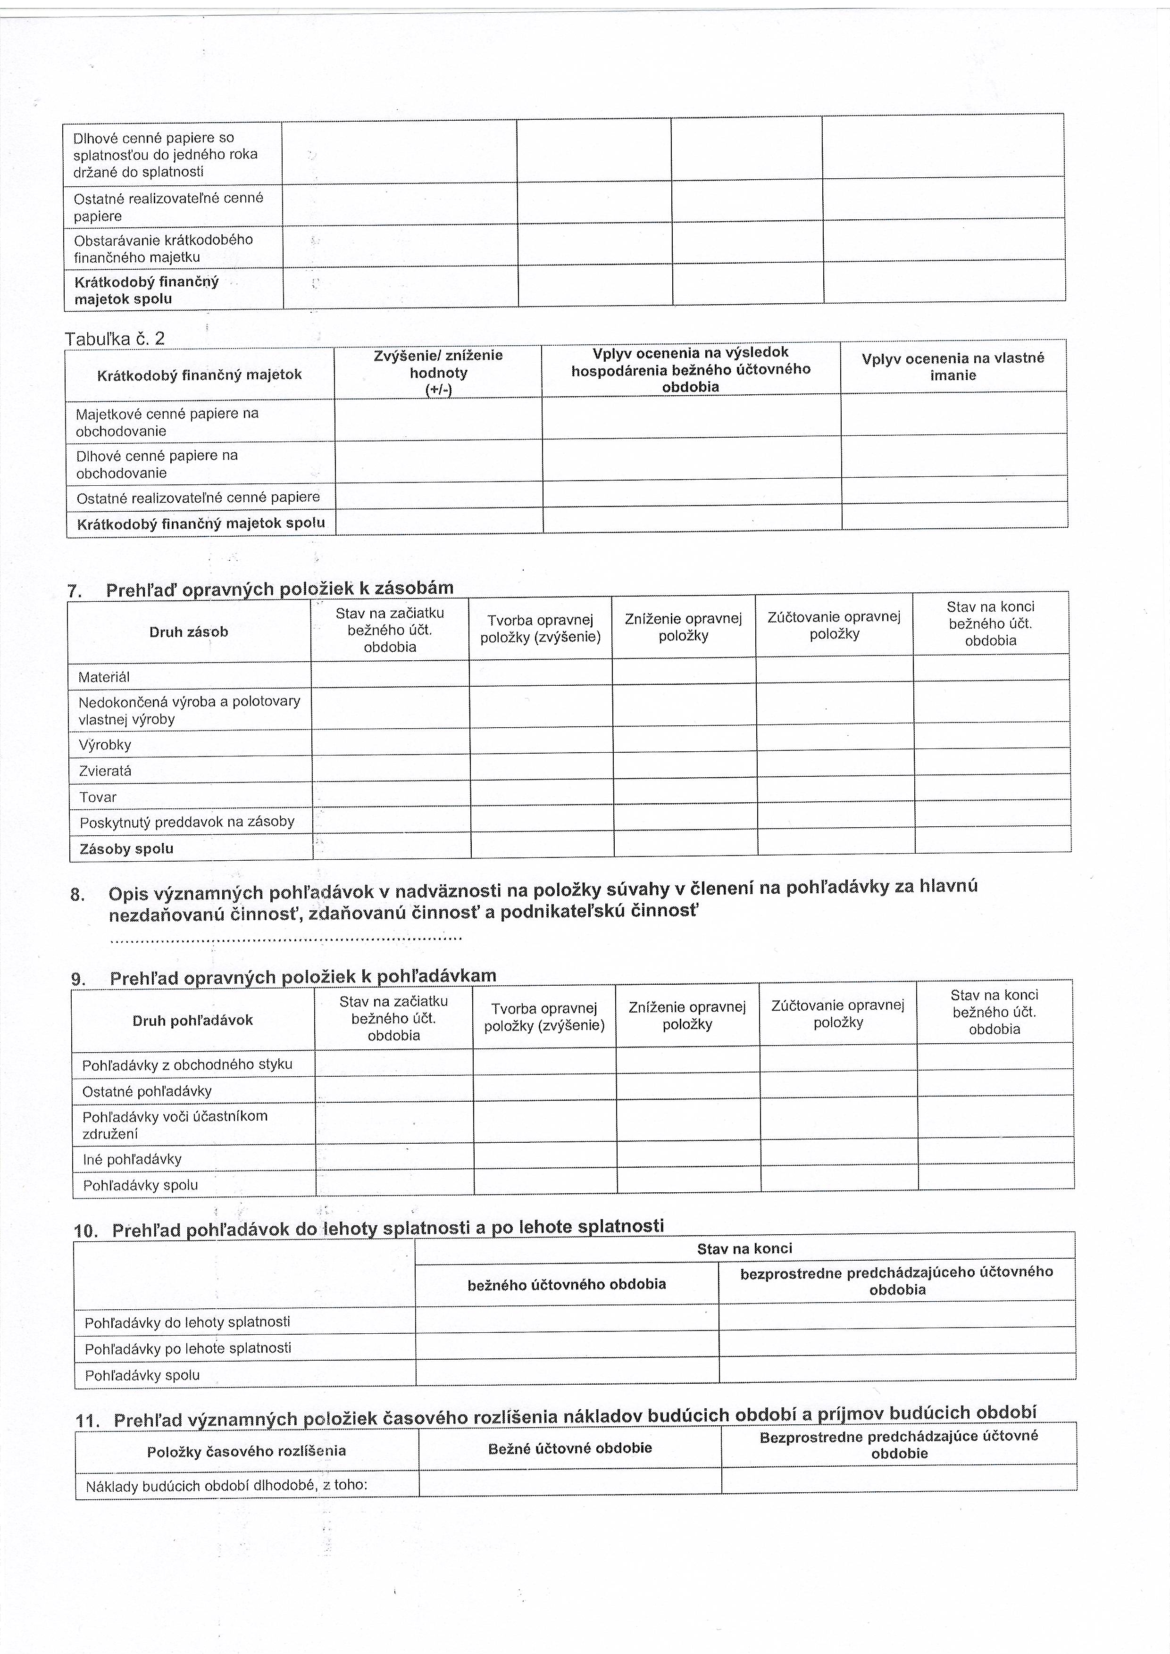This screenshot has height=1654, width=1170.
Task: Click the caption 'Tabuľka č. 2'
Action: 115,339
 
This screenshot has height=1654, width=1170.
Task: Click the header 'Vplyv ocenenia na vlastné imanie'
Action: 953,366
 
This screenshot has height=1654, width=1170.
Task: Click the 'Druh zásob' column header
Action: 189,632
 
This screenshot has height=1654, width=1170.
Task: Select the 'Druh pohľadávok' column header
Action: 192,1020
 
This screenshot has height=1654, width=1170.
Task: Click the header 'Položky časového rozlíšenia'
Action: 246,1451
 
